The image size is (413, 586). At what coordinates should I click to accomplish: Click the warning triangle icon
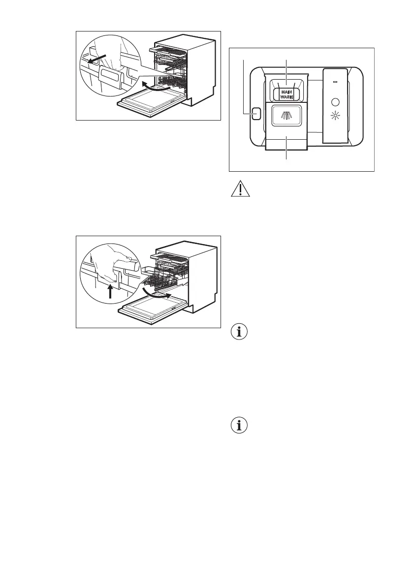(x=239, y=190)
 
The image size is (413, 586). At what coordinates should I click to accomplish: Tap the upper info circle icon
(x=239, y=332)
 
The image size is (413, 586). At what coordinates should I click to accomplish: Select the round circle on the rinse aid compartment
(x=336, y=102)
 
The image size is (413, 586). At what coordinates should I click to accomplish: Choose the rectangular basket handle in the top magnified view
(x=111, y=77)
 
